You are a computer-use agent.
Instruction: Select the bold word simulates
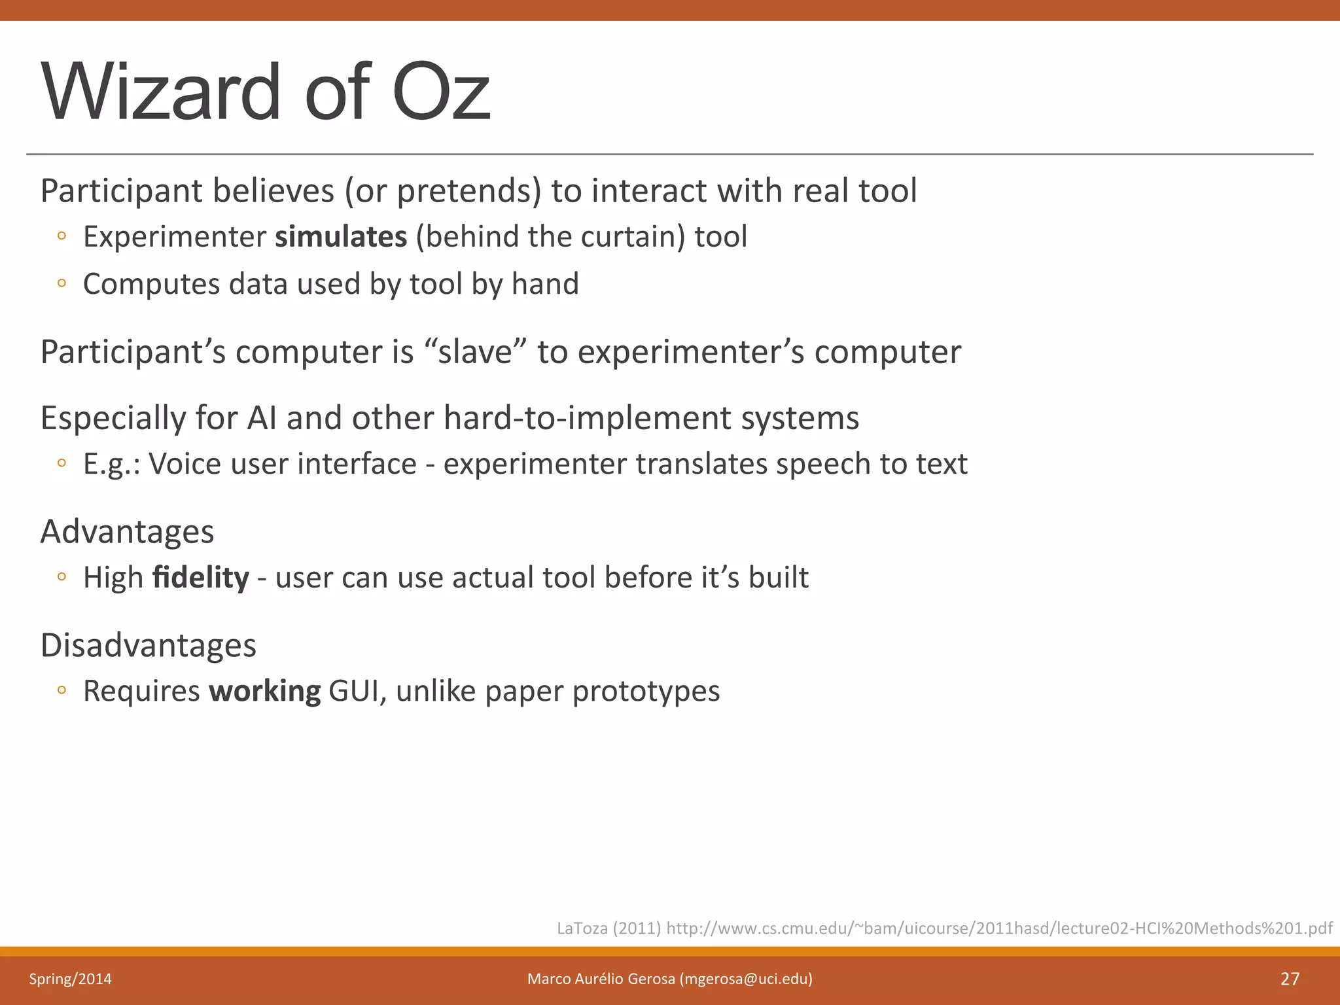341,237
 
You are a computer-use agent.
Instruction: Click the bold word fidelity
200,578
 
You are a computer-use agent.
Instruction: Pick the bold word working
265,692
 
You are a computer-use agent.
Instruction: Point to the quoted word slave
475,352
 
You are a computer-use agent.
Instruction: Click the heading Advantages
128,531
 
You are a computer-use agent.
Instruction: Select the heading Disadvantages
149,645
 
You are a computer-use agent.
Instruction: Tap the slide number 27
1290,979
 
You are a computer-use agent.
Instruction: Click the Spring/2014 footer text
70,979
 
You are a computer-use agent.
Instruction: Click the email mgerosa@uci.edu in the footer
746,979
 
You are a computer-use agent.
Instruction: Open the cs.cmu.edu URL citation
998,928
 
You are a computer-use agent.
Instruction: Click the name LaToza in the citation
582,928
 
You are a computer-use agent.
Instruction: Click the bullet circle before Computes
62,284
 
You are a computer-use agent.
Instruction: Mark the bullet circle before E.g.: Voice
62,463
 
